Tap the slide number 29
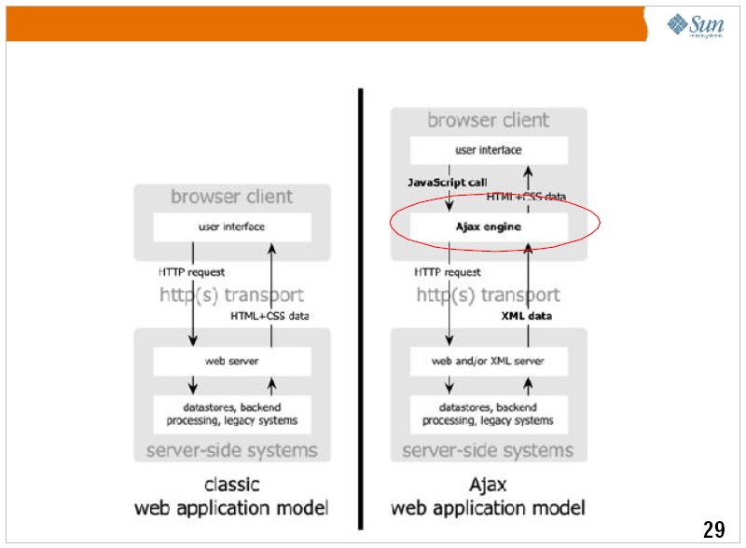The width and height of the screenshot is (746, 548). [713, 529]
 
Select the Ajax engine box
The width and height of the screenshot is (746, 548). [489, 226]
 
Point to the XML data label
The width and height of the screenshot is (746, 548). [526, 316]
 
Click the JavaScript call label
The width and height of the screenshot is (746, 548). [448, 182]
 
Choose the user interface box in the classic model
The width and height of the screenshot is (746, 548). [231, 226]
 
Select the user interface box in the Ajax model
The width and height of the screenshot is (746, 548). [489, 149]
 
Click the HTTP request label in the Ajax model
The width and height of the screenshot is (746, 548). [448, 272]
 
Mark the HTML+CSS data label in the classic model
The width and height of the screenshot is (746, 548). [269, 316]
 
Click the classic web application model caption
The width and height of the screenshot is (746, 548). [231, 497]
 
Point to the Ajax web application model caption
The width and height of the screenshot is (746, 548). [488, 497]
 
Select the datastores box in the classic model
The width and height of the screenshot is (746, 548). [231, 414]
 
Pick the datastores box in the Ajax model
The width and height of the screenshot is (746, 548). [489, 414]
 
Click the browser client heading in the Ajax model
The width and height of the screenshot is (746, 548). [489, 120]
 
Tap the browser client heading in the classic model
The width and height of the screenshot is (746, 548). [231, 197]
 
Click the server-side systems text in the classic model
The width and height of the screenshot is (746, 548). [231, 451]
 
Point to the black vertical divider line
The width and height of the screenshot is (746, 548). [360, 308]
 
